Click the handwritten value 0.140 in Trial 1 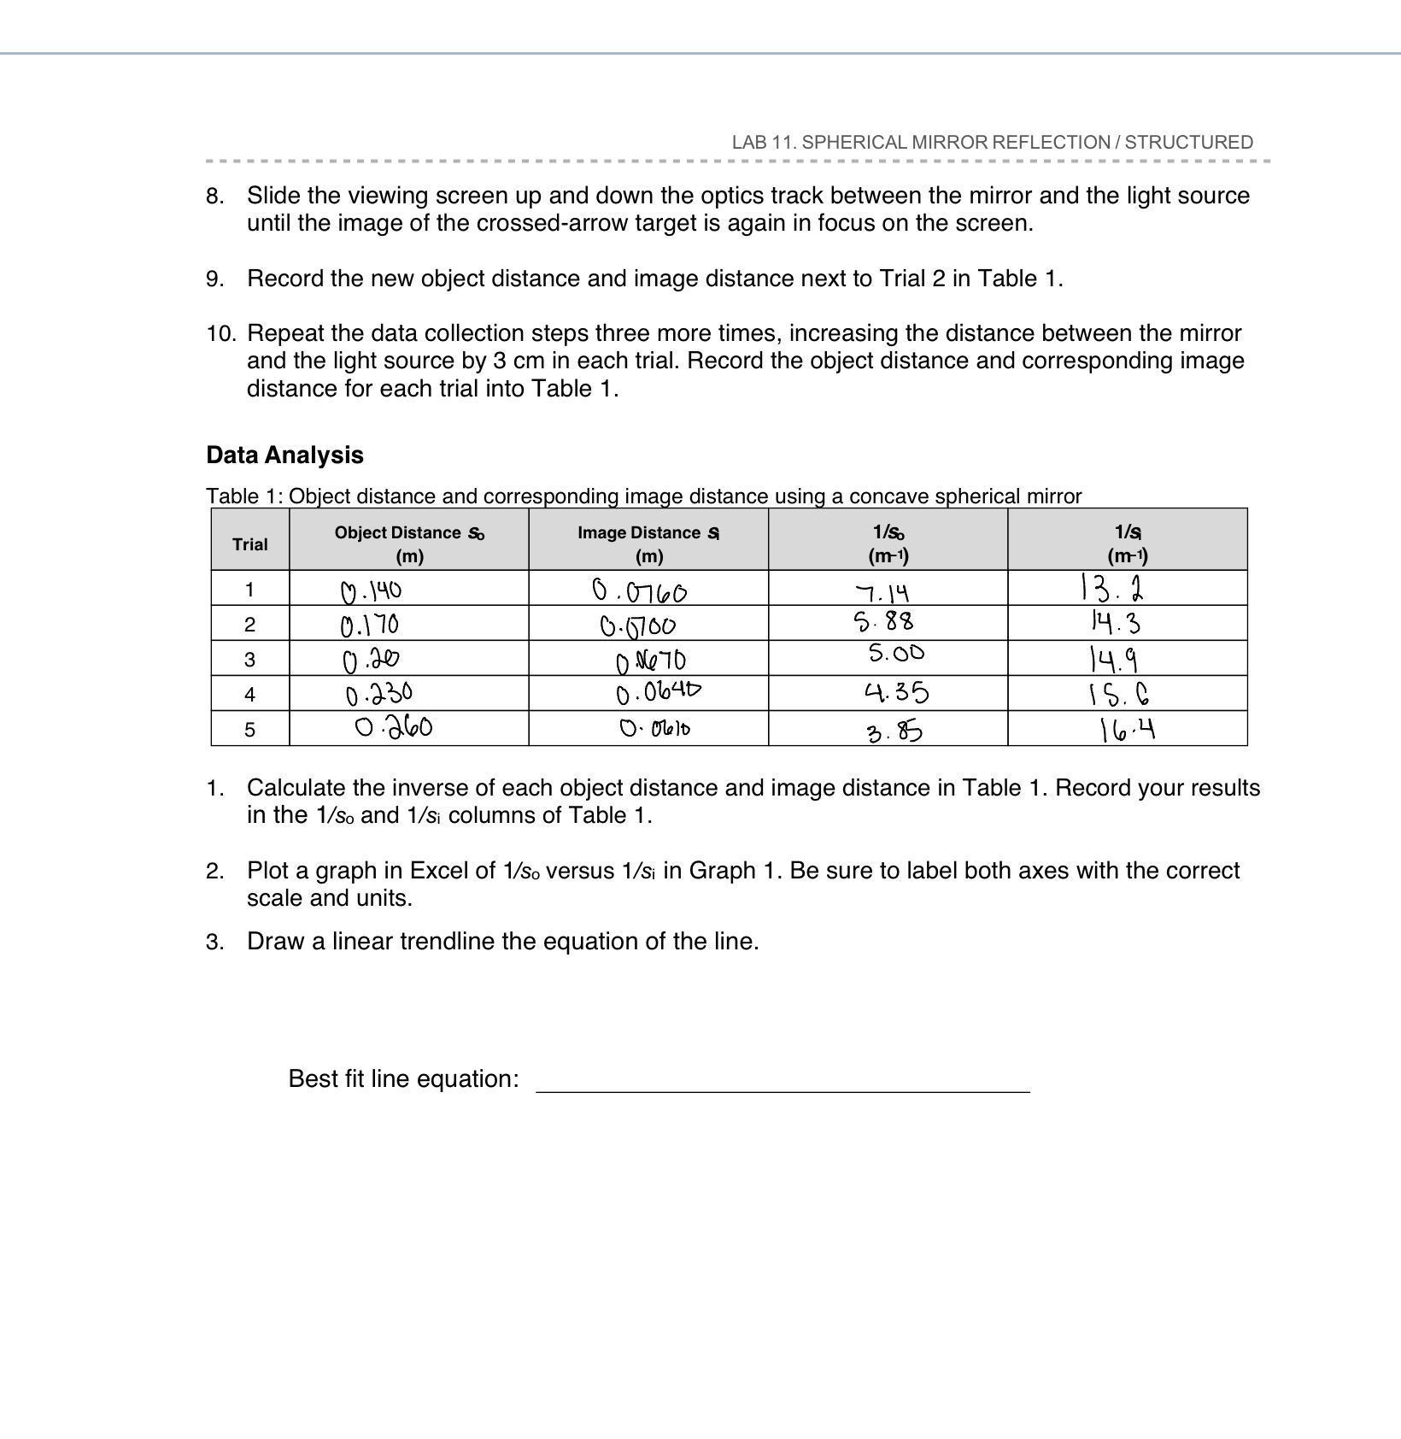tap(371, 590)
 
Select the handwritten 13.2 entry tap(1111, 588)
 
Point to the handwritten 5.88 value tap(883, 621)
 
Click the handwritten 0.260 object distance tap(394, 727)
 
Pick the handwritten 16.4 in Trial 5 tap(1127, 730)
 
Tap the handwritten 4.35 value tap(894, 691)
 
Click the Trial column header tap(249, 544)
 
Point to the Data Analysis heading tap(284, 455)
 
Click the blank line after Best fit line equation tap(782, 1082)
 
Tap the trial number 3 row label tap(249, 660)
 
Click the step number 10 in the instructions tap(220, 333)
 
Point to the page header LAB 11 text tap(992, 142)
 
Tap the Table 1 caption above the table tap(643, 496)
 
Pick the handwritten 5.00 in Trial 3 tap(896, 654)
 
